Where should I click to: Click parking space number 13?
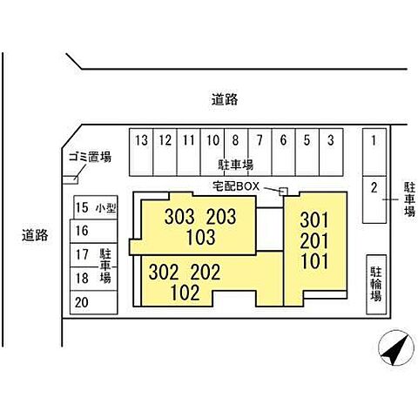click(x=141, y=152)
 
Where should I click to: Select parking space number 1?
click(x=374, y=152)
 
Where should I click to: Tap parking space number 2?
click(x=374, y=199)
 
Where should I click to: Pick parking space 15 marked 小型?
click(x=96, y=207)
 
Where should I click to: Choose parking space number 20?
click(x=93, y=302)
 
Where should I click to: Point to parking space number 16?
click(x=93, y=231)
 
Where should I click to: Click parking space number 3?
click(x=331, y=152)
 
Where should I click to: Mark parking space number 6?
click(x=284, y=152)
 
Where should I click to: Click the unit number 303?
click(x=179, y=217)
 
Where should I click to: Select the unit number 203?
click(x=221, y=217)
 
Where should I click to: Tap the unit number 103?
click(x=200, y=237)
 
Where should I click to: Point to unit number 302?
click(x=164, y=273)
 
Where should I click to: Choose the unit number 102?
click(x=185, y=293)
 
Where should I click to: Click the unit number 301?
click(x=314, y=220)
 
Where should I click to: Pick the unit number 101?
click(x=315, y=261)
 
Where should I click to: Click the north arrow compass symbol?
click(x=396, y=347)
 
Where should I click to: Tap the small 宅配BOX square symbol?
click(x=283, y=192)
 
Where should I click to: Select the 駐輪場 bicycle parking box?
click(x=376, y=285)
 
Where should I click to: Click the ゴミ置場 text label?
click(x=90, y=158)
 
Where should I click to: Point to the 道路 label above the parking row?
click(x=225, y=99)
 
